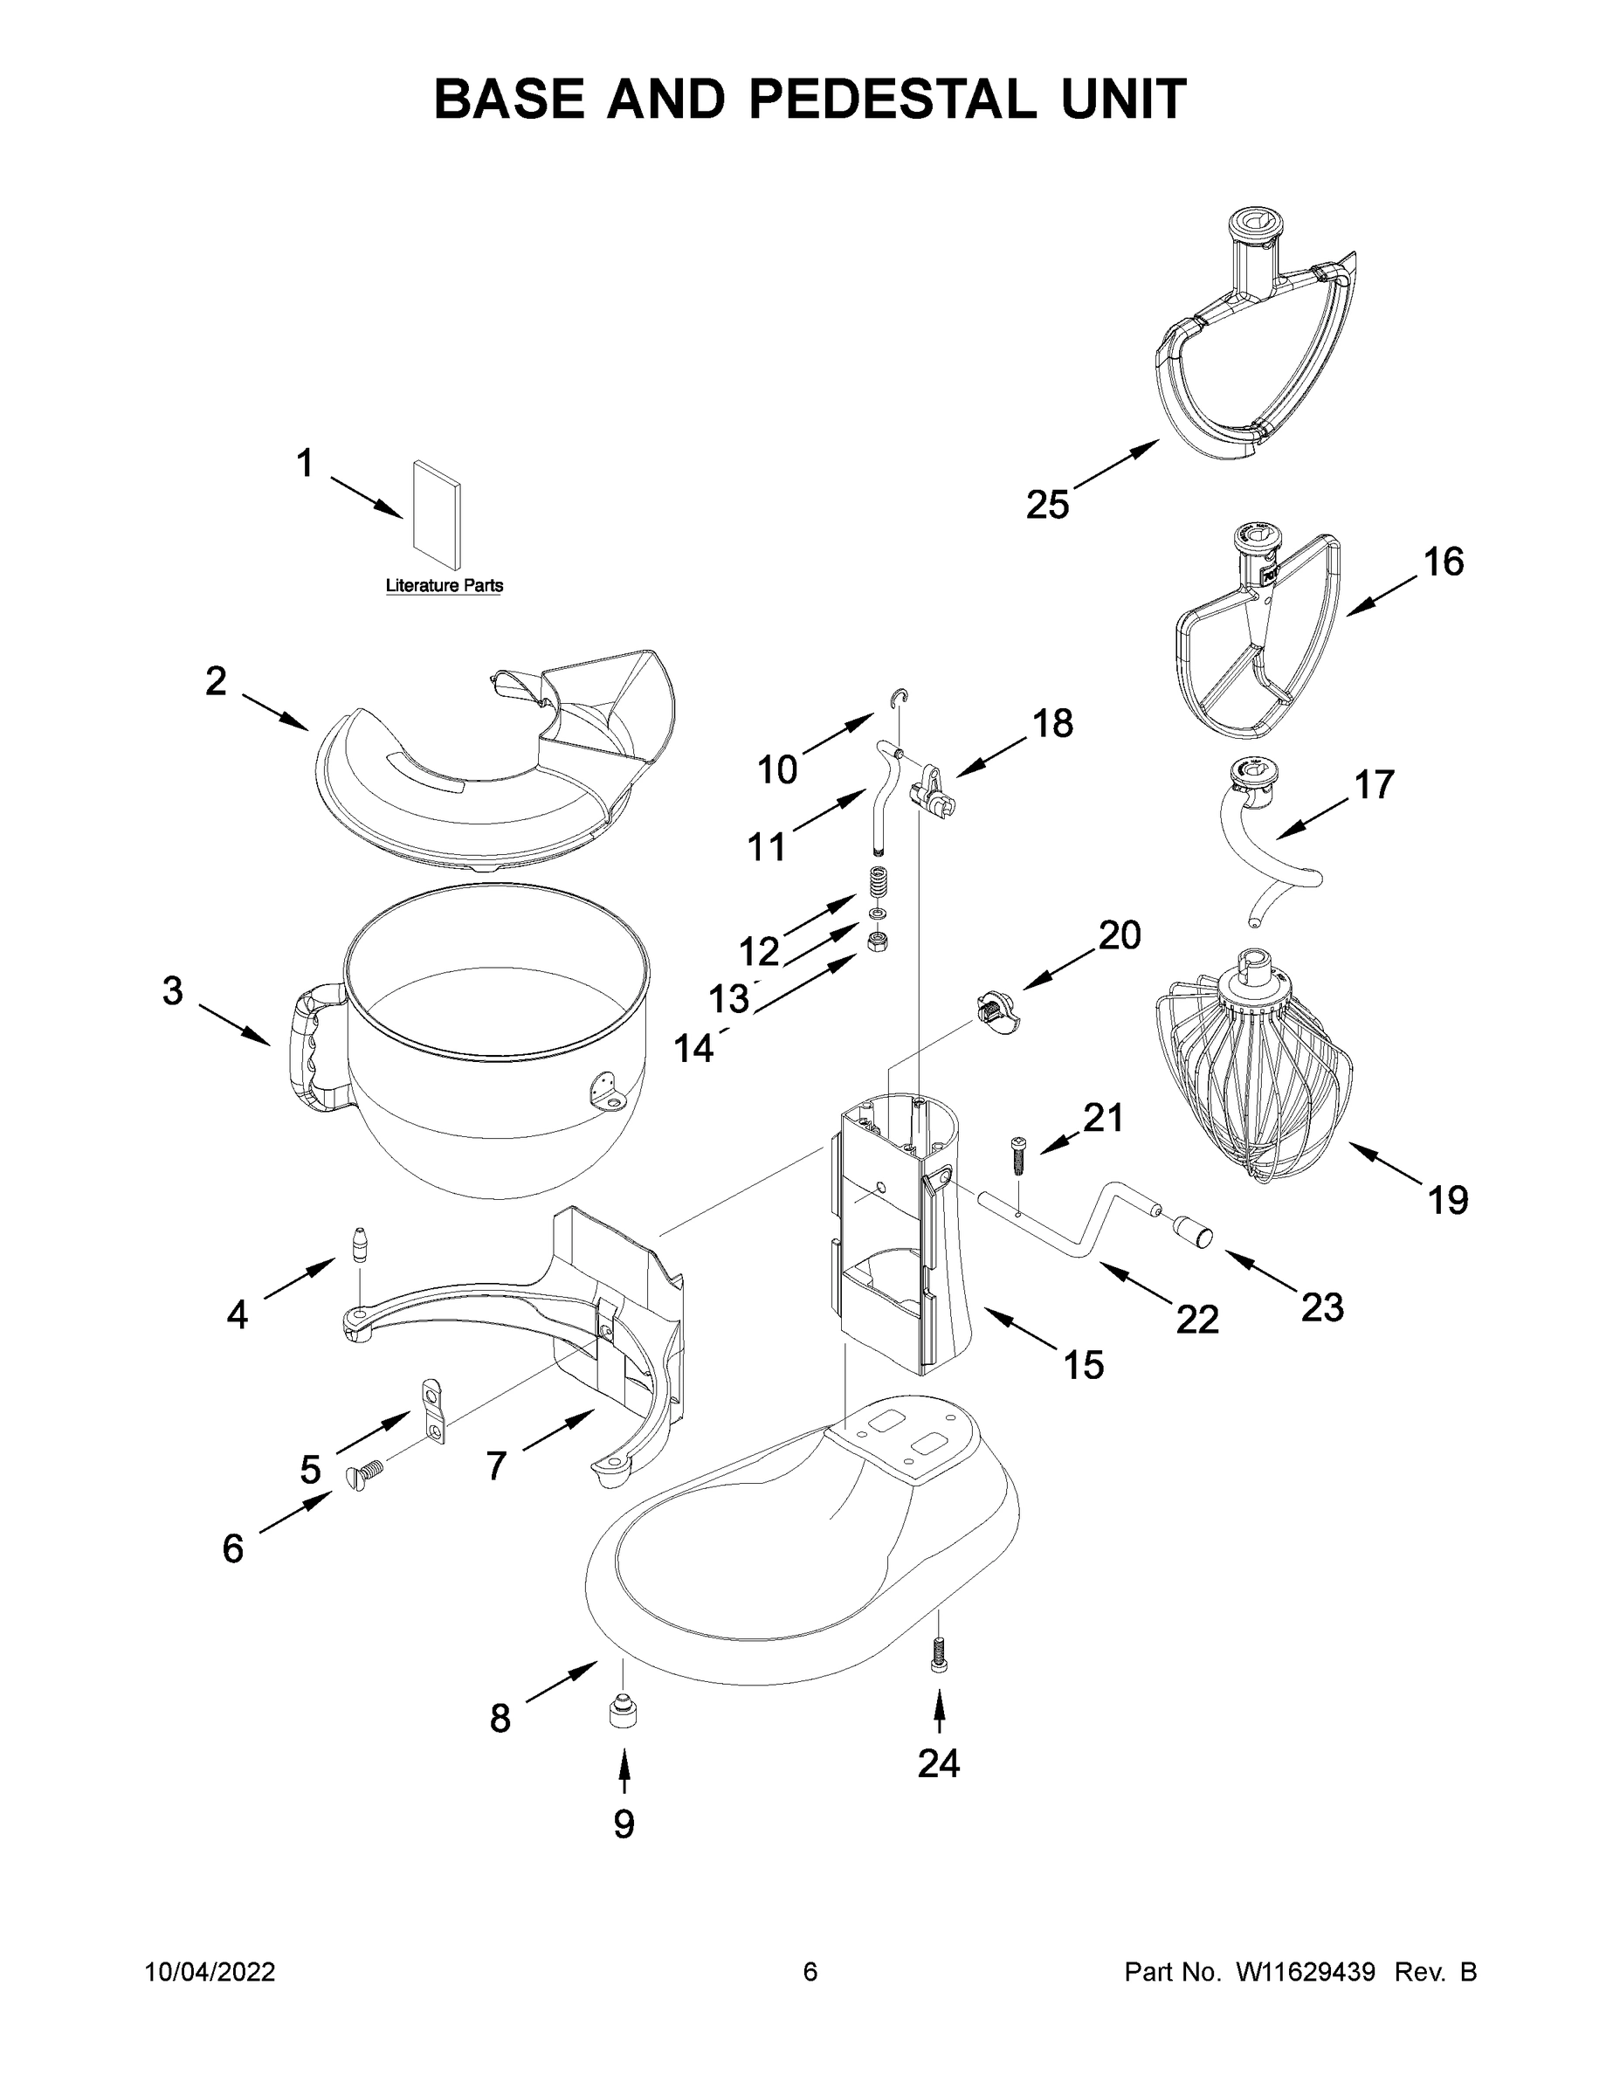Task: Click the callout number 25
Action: coord(1047,504)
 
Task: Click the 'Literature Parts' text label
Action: coord(444,585)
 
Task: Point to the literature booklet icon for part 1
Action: coord(437,513)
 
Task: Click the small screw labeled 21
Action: coord(1017,1159)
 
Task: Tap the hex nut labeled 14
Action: coord(877,941)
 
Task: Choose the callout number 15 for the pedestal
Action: coord(1084,1365)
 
